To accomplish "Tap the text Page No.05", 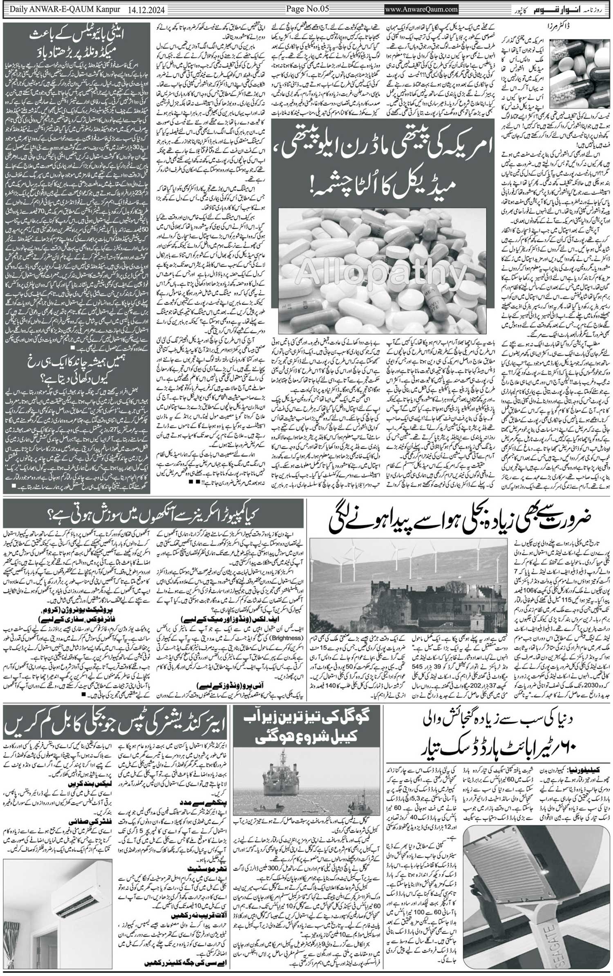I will tap(307, 8).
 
